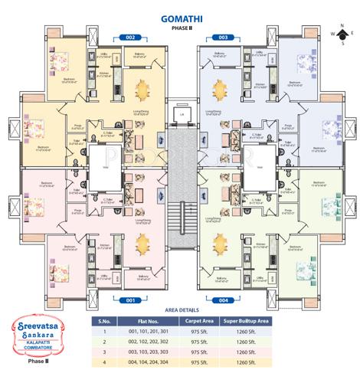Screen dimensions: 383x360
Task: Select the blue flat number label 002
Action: [130, 37]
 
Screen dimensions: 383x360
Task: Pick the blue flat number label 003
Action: [224, 37]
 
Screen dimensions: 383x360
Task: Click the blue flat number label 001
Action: [130, 300]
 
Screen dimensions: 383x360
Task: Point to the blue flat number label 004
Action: [223, 300]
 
